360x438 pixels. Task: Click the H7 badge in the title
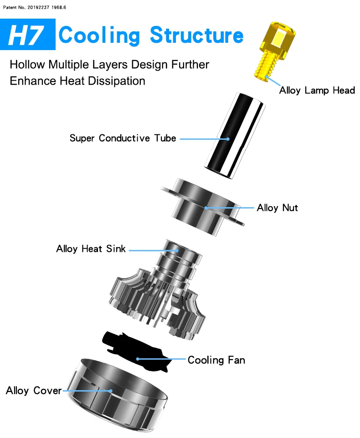(28, 35)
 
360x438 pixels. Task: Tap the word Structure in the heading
(197, 35)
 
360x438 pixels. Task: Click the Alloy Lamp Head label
(317, 90)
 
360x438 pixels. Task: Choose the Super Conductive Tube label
(123, 138)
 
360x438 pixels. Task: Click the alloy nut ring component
(201, 207)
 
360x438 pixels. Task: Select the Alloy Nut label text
(277, 208)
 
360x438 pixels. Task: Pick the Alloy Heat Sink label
(91, 249)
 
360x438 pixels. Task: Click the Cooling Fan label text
(216, 360)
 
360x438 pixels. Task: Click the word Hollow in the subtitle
(28, 64)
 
